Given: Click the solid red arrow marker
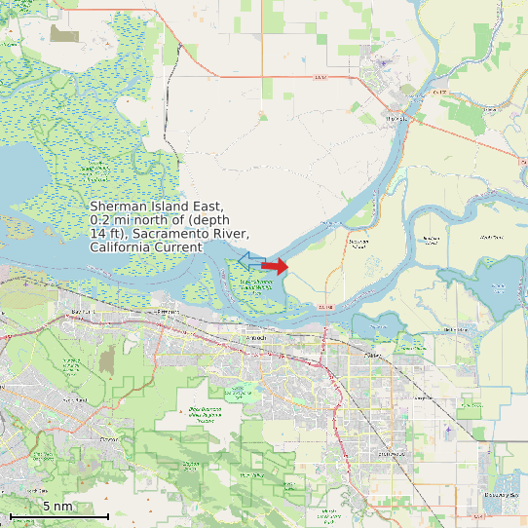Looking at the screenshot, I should click(x=275, y=266).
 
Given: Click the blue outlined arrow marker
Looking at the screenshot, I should click(x=251, y=260).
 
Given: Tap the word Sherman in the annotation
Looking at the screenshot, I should click(x=119, y=207).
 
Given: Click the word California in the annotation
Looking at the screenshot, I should click(x=120, y=248).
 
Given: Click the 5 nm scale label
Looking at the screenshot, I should click(x=57, y=507).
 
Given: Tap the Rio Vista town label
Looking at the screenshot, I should click(x=396, y=118).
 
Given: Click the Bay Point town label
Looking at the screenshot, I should click(x=81, y=311).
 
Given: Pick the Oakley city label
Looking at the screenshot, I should click(x=372, y=356).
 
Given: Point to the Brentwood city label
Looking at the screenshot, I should click(x=390, y=454).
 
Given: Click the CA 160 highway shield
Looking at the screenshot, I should click(x=324, y=306).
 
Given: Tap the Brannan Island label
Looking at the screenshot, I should click(x=358, y=241).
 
